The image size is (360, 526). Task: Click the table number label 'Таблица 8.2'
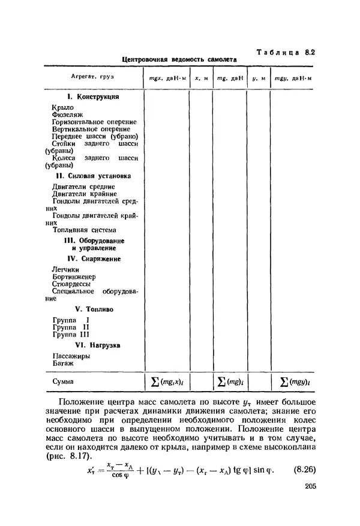[x=286, y=52]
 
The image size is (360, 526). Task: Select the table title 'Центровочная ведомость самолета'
[x=179, y=60]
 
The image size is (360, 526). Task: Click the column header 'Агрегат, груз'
[x=92, y=78]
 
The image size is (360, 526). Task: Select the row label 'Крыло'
[x=63, y=107]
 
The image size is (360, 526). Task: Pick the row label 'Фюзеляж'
[x=67, y=114]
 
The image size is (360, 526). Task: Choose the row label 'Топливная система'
[x=84, y=230]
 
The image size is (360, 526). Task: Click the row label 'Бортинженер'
[x=74, y=277]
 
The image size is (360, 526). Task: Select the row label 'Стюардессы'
[x=71, y=284]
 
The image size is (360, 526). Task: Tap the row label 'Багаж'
[x=63, y=363]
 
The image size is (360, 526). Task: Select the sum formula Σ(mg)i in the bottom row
[x=230, y=381]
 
